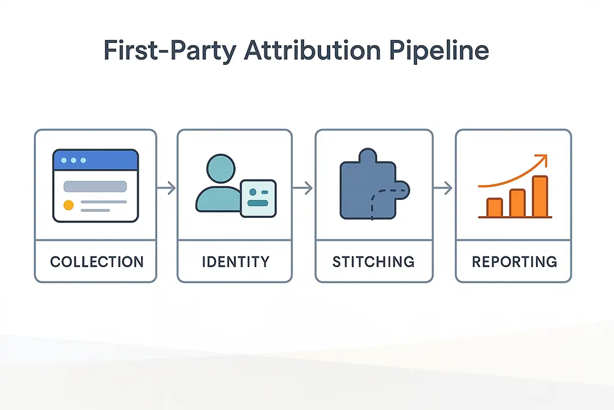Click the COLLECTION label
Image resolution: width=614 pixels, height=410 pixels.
click(97, 262)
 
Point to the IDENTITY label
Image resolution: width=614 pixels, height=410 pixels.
click(236, 262)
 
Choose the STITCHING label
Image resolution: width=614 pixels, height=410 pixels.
click(373, 262)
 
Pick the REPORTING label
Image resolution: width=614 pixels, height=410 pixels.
click(514, 262)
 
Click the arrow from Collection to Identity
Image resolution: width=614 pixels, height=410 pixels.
click(167, 188)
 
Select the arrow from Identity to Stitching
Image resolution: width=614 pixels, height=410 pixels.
click(304, 188)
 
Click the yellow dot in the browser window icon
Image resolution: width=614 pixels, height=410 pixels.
click(68, 205)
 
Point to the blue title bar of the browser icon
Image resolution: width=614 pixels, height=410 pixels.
click(96, 160)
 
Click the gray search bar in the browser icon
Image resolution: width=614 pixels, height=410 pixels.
click(95, 186)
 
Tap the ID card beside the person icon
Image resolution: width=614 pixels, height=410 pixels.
click(258, 198)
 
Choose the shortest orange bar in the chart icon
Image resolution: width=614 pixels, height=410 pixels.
click(495, 207)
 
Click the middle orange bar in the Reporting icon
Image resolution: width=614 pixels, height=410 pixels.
click(517, 203)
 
